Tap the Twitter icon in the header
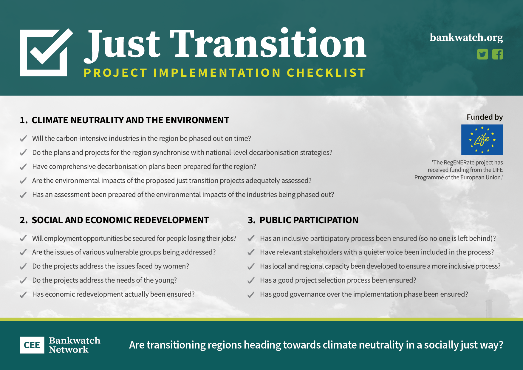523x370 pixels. coord(482,54)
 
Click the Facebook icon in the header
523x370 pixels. coord(497,54)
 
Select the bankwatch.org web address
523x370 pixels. coord(466,38)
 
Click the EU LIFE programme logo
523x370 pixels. coord(482,140)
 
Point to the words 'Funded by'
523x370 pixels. coord(485,117)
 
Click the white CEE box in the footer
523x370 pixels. coord(32,345)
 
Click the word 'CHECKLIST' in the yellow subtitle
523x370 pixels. coord(326,73)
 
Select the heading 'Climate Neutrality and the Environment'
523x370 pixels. coord(130,120)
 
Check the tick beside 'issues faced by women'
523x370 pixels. coord(23,266)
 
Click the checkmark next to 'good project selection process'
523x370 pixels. coord(251,280)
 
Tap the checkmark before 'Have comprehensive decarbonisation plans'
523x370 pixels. coord(23,167)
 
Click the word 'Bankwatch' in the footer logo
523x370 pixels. coord(75,340)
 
